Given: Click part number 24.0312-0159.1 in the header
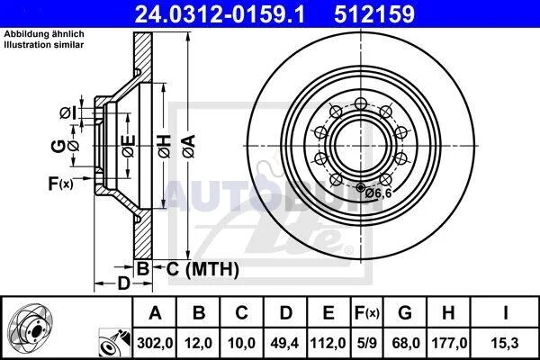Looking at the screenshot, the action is (x=220, y=14).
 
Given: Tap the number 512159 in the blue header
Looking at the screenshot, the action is (x=374, y=14).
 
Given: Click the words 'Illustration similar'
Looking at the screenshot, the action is (x=44, y=45).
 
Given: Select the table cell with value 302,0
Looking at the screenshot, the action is (x=155, y=343).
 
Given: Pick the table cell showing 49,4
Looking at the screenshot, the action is (x=285, y=343).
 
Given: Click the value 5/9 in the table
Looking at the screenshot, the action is (x=367, y=343).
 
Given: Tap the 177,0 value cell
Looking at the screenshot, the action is (x=449, y=343).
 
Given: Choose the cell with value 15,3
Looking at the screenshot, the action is (x=505, y=343).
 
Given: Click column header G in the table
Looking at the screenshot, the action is (x=405, y=312).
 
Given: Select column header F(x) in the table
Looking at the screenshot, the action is (x=367, y=312).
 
